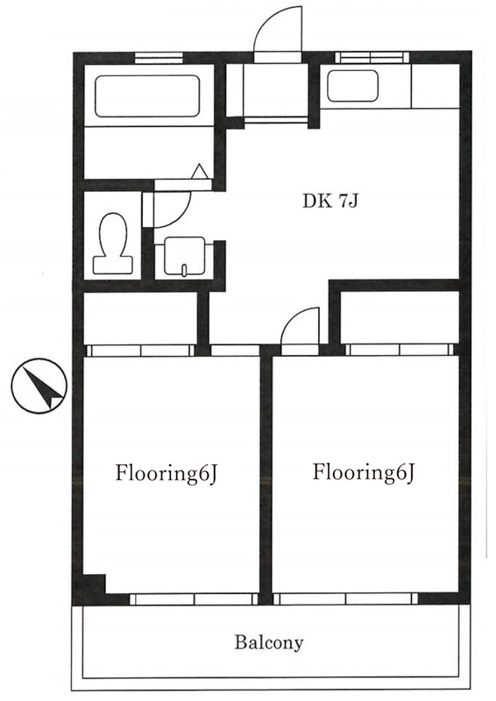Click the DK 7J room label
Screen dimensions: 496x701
pyautogui.click(x=330, y=202)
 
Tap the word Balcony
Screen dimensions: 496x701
pyautogui.click(x=269, y=642)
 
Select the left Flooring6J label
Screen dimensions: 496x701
pyautogui.click(x=167, y=473)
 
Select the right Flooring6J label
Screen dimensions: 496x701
pyautogui.click(x=363, y=472)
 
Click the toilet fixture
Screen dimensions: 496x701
pyautogui.click(x=113, y=244)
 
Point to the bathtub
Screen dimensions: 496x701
pyautogui.click(x=147, y=96)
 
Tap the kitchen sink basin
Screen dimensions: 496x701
pyautogui.click(x=353, y=86)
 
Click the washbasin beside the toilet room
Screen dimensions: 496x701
pyautogui.click(x=185, y=256)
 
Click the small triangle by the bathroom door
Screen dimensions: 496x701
pyautogui.click(x=200, y=172)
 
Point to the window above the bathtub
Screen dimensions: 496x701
pyautogui.click(x=159, y=58)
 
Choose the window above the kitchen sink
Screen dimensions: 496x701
pyautogui.click(x=372, y=57)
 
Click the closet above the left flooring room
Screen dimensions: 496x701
pyautogui.click(x=141, y=318)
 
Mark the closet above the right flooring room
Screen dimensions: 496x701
pyautogui.click(x=400, y=317)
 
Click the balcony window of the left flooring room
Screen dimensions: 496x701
pyautogui.click(x=195, y=599)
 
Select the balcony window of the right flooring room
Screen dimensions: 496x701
pyautogui.click(x=345, y=598)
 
